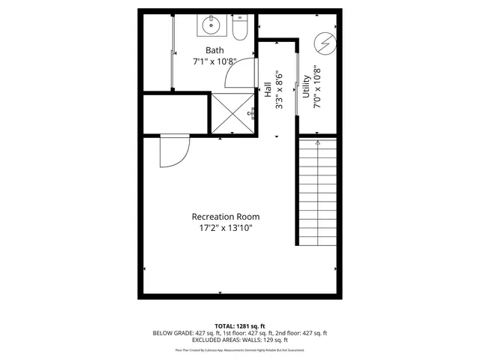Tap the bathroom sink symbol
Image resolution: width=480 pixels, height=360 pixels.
coord(212,28)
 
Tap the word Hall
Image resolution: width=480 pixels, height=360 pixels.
coord(268,91)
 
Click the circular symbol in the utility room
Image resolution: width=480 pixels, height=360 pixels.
coord(325,43)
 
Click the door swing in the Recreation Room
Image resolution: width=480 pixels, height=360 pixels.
coord(173,154)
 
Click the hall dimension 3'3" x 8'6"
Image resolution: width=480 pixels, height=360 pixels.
coord(279,91)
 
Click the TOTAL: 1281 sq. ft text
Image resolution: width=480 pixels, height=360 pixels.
coord(240,325)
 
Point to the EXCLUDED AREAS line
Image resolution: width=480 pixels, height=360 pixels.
coord(240,340)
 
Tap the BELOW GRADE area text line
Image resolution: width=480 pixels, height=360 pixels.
coord(240,333)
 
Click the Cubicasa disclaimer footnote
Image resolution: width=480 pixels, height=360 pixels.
coord(240,349)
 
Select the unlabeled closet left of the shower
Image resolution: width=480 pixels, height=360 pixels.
coord(175,113)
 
